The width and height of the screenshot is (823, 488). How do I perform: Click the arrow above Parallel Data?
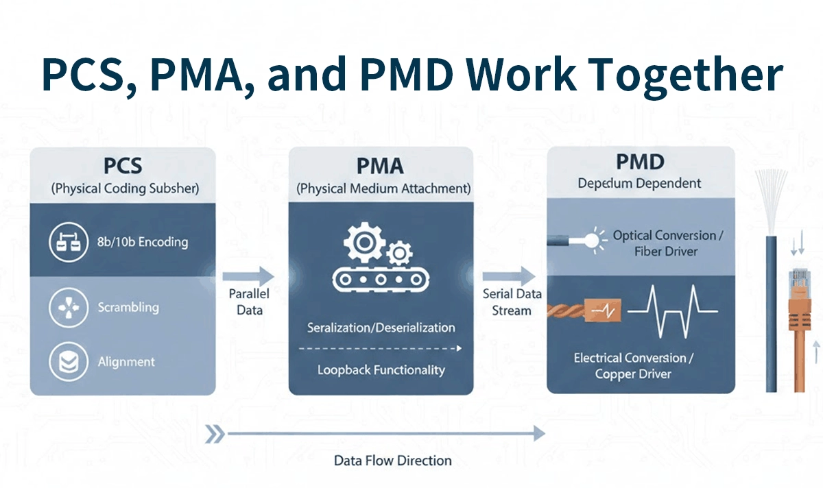[x=248, y=276]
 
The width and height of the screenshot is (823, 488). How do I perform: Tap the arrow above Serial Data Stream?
[x=509, y=276]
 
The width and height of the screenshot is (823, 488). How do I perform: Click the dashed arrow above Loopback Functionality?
[x=381, y=348]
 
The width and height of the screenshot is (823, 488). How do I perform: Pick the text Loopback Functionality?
[x=381, y=370]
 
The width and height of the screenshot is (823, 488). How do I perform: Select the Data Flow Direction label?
[x=392, y=461]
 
